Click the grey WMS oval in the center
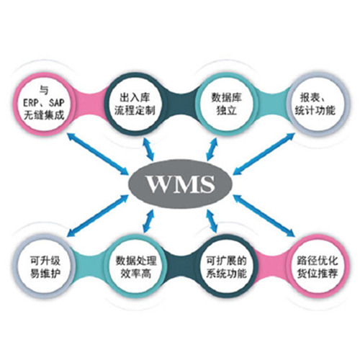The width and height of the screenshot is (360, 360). pyautogui.click(x=181, y=184)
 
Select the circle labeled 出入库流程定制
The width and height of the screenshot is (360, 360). pyautogui.click(x=135, y=104)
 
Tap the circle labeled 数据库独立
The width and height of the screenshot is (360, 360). pyautogui.click(x=226, y=104)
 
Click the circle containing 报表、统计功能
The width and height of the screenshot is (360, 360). pyautogui.click(x=318, y=104)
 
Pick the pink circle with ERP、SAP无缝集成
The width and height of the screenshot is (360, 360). pyautogui.click(x=44, y=104)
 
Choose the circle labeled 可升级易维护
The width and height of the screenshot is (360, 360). pyautogui.click(x=44, y=267)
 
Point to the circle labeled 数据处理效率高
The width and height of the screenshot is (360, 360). pyautogui.click(x=135, y=267)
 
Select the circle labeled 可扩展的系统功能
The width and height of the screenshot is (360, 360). pyautogui.click(x=226, y=267)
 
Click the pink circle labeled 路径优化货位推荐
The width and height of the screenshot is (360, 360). pyautogui.click(x=318, y=267)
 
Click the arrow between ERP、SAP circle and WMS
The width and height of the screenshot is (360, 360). pyautogui.click(x=98, y=153)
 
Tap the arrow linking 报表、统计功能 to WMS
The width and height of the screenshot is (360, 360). pyautogui.click(x=264, y=153)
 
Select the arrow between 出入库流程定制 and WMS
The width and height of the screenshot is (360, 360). pyautogui.click(x=148, y=149)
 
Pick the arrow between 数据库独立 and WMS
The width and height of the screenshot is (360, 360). pyautogui.click(x=212, y=149)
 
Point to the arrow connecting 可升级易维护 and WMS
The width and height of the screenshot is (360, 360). pyautogui.click(x=98, y=215)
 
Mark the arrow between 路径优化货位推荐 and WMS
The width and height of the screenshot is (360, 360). pyautogui.click(x=264, y=215)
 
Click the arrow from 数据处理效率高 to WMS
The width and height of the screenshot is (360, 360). pyautogui.click(x=148, y=221)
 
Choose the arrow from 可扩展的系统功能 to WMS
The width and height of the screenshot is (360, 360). pyautogui.click(x=212, y=221)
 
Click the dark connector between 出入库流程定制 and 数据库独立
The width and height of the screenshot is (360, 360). pyautogui.click(x=181, y=104)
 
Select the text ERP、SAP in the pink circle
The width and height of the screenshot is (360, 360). pyautogui.click(x=44, y=103)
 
